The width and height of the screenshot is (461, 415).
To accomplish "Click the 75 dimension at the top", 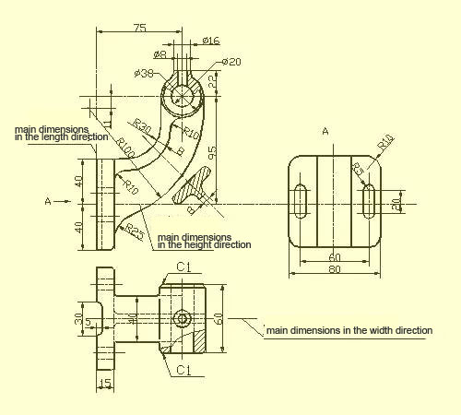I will point(139,29).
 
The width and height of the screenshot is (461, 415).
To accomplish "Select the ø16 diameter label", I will point(210,41).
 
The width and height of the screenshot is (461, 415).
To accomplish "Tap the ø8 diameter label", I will point(160,54).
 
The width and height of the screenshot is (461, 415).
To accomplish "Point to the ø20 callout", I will point(230,62).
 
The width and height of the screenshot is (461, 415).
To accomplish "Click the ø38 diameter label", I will point(144,73).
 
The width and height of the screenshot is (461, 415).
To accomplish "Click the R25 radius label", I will point(135,230).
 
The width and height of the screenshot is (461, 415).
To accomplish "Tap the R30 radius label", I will point(141,125).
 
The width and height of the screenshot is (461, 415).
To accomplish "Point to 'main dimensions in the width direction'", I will point(349,329).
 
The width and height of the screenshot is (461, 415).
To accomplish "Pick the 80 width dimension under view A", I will point(335,270).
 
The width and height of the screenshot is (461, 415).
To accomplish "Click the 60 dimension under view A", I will point(335,257).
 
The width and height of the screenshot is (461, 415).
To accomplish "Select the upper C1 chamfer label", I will point(183,267).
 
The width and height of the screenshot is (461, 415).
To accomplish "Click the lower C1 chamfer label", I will point(183,370).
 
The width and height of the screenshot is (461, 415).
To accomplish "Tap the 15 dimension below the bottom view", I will point(105,383).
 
